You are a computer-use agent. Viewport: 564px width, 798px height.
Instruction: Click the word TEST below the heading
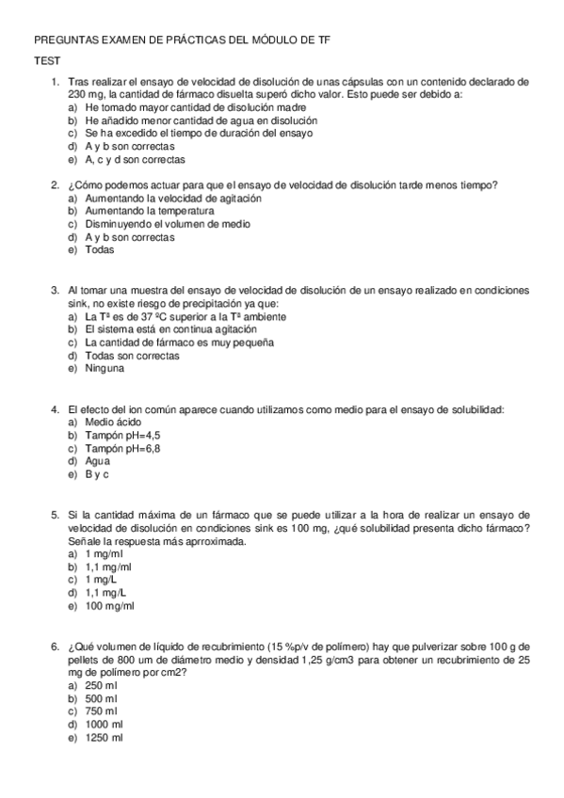coord(47,60)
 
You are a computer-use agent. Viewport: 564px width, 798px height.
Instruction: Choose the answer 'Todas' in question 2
coord(100,251)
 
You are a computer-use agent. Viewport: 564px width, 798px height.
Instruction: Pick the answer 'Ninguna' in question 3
coord(105,369)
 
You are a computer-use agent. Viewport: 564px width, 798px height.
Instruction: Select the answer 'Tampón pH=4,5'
coord(122,436)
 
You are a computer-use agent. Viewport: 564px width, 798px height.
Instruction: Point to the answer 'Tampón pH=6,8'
coord(122,449)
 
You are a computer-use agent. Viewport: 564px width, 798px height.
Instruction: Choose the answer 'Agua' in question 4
coord(98,461)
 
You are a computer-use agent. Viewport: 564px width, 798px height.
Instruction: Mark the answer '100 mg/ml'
coord(110,607)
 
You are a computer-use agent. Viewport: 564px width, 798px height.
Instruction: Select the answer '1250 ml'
coord(105,737)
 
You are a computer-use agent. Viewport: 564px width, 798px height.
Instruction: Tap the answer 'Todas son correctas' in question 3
coord(132,357)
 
